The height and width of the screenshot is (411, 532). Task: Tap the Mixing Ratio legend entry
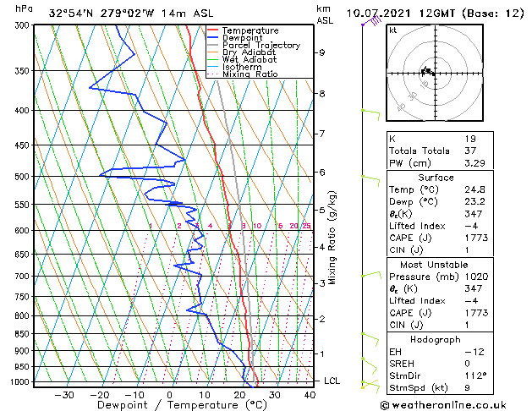pyautogui.click(x=250, y=74)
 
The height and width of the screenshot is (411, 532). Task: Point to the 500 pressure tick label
pyautogui.click(x=24, y=177)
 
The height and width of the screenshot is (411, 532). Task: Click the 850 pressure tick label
pyautogui.click(x=24, y=334)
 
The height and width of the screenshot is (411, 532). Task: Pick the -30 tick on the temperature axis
pyautogui.click(x=64, y=395)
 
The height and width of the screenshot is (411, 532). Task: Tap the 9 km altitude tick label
pyautogui.click(x=322, y=52)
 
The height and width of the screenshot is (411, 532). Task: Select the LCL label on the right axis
pyautogui.click(x=332, y=381)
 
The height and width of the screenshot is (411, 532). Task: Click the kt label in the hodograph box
pyautogui.click(x=393, y=30)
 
